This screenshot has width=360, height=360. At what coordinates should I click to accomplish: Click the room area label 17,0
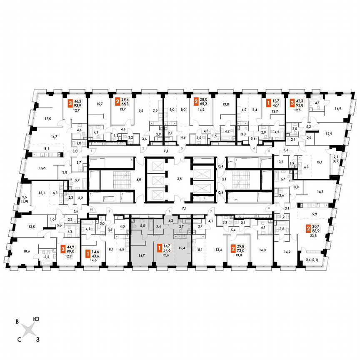click(48, 119)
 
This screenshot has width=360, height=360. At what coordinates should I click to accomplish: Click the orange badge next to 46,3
click(70, 101)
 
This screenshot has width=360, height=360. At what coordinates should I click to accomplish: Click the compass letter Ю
click(37, 319)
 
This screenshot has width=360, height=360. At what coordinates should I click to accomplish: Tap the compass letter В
click(17, 322)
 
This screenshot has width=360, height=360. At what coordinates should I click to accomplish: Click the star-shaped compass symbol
click(28, 330)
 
